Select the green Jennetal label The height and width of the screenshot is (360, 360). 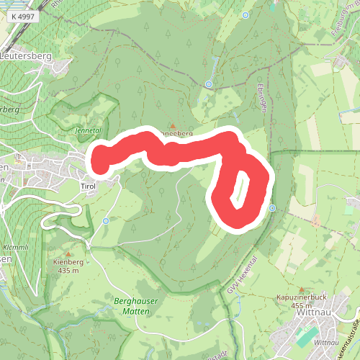88,130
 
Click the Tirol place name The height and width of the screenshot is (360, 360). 88,186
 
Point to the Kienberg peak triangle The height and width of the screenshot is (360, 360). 68,253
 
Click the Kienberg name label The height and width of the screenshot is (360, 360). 68,262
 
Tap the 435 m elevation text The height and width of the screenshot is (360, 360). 68,271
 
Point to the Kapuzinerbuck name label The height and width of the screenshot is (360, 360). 301,297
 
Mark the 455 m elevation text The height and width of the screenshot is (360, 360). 301,305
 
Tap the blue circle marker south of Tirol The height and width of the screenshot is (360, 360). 106,221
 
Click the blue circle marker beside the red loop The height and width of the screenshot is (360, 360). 272,208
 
